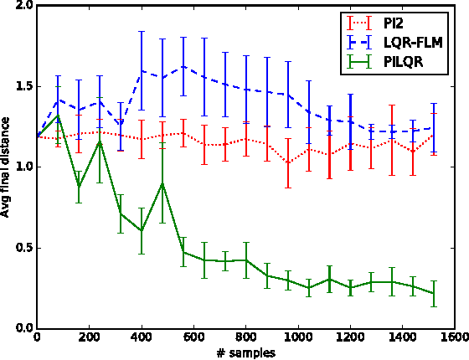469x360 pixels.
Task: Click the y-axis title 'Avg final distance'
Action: (x=8, y=166)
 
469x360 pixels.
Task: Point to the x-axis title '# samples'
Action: (x=245, y=352)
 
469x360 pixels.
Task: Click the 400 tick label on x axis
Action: (x=142, y=338)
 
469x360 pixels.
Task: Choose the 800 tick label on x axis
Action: (x=245, y=338)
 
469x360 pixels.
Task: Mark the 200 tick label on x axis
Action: (x=89, y=338)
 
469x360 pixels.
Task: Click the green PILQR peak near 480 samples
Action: (x=162, y=183)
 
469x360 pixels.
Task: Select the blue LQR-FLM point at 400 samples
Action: (x=142, y=70)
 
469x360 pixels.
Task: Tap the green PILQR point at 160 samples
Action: (x=79, y=186)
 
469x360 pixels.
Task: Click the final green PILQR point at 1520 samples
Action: (x=434, y=293)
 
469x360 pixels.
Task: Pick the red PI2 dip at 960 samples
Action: (x=287, y=162)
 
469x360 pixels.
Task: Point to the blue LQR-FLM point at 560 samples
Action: (x=183, y=66)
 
